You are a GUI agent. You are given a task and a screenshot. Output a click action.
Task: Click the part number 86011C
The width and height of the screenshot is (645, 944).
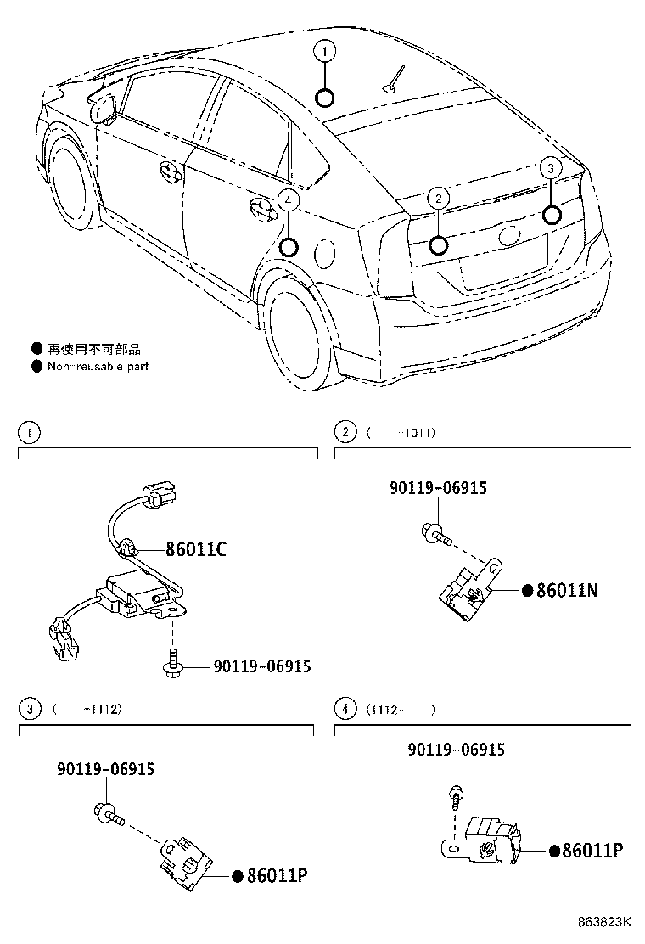tap(195, 549)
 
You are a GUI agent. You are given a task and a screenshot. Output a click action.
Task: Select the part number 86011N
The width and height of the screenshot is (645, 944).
tap(566, 590)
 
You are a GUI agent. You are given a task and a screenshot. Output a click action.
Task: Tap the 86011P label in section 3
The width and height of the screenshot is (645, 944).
tap(276, 875)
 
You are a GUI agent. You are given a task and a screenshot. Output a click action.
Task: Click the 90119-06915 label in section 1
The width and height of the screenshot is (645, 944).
tap(249, 666)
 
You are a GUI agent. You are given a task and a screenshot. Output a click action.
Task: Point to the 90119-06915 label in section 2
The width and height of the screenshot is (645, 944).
tap(438, 487)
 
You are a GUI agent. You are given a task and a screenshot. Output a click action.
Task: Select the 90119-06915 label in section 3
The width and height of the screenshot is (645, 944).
tap(106, 769)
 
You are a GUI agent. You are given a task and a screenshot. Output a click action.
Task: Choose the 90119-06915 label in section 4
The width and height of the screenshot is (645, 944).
tap(456, 750)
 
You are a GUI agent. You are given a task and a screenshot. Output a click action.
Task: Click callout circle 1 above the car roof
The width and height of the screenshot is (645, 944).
tap(324, 51)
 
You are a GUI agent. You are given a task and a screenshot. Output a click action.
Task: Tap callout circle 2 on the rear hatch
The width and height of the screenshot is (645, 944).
tap(437, 199)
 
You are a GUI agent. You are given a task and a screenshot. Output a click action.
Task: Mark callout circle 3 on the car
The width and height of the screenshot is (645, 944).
tap(551, 168)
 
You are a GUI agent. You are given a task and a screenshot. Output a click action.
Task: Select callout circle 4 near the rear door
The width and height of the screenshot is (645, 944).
tap(289, 200)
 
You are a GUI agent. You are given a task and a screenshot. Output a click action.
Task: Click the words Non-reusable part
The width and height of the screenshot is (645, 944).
tap(98, 367)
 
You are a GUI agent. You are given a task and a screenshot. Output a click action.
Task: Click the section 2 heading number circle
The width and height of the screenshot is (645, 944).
tap(345, 433)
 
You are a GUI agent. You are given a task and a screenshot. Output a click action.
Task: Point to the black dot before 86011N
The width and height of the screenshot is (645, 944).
tap(526, 590)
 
